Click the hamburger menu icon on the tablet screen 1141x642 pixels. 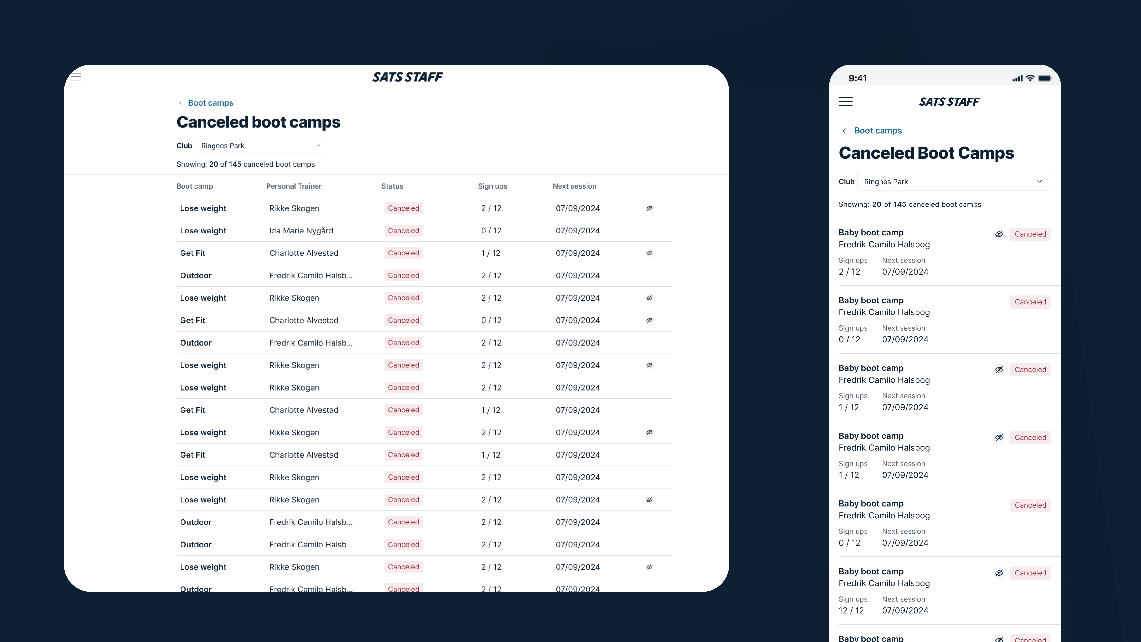coord(76,77)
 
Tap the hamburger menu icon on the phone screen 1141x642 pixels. coord(846,102)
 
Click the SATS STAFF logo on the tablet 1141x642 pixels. coord(407,77)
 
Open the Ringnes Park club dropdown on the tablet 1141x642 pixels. coord(261,146)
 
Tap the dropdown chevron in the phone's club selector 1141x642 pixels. coord(1039,182)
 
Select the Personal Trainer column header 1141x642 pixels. coord(294,186)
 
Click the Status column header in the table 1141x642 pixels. coord(392,186)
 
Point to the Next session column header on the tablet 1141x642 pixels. coord(574,186)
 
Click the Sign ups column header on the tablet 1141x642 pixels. coord(492,186)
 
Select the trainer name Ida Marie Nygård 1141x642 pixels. coord(301,231)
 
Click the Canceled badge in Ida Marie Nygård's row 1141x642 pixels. coord(403,231)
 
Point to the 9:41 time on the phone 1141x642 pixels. coord(857,78)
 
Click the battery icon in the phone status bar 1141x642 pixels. coord(1044,78)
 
